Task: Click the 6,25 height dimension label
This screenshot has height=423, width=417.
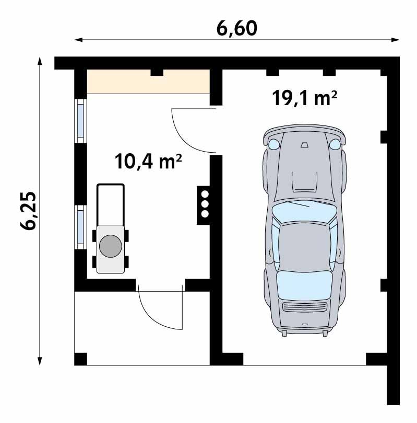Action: (28, 210)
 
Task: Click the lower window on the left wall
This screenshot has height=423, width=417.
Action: (81, 226)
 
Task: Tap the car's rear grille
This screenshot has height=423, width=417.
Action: (304, 307)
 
